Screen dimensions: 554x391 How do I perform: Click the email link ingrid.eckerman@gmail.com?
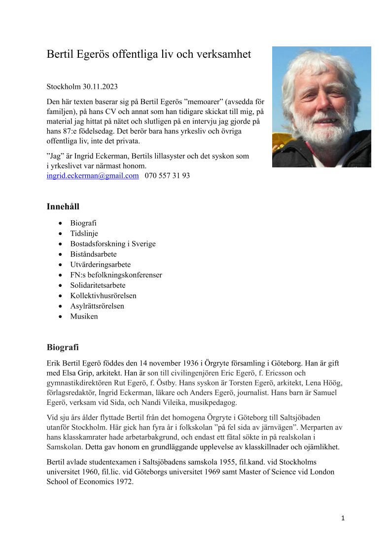coord(93,176)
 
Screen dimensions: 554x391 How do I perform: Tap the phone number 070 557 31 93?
coord(167,176)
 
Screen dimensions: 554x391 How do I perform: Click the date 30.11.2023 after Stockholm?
coord(100,87)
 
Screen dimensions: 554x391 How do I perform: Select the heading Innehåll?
coord(63,206)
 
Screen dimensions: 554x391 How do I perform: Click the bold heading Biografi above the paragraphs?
coord(63,347)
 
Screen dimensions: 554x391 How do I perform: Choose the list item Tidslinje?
coord(84,234)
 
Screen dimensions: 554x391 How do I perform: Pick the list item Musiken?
coord(84,317)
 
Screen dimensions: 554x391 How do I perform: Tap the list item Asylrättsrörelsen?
coord(97,306)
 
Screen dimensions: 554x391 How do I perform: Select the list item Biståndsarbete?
coord(93,254)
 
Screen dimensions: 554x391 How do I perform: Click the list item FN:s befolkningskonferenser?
coord(116,275)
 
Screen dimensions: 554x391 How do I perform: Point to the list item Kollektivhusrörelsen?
coord(103,296)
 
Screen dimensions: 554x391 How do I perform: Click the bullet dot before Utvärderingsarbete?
coord(60,265)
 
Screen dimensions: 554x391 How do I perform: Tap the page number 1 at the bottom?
coord(343,518)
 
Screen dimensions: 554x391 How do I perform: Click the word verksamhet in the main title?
coord(224,54)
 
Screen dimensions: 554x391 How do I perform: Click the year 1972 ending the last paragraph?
coord(124,482)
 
